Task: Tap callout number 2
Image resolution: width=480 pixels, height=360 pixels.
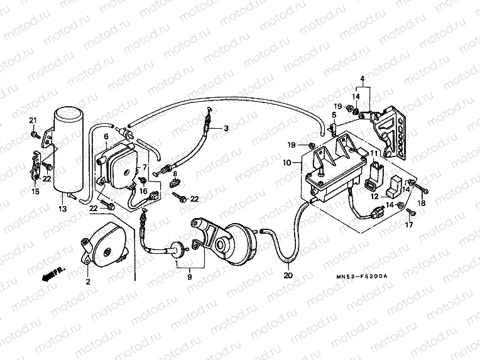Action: pos(87,281)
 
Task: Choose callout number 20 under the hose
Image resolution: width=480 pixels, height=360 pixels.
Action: pos(288,275)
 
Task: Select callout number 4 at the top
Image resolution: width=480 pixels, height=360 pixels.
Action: pos(362,79)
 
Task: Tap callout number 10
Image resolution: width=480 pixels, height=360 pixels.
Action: pos(287,162)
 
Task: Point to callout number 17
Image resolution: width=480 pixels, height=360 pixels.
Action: pos(410,224)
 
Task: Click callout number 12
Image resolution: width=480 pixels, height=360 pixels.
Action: pos(375,196)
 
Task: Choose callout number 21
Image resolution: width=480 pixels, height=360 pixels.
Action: pos(33,121)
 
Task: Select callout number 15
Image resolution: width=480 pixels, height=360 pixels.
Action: pos(35,191)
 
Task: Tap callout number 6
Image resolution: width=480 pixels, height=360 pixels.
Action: pos(106,136)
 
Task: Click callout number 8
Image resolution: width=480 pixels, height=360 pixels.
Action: pos(175,173)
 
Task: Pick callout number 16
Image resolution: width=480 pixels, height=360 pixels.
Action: pos(143,191)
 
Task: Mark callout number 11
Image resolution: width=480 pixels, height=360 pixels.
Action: pos(374,153)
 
